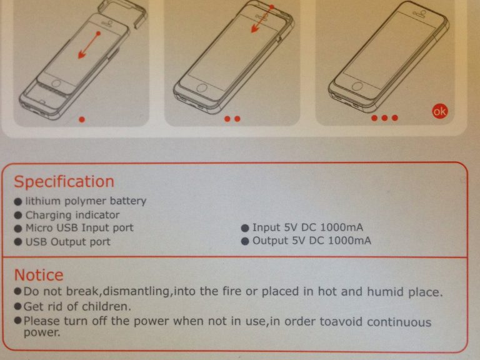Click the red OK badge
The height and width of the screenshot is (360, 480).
(x=439, y=111)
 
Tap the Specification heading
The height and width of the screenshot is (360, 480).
(x=64, y=182)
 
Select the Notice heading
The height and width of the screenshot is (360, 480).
(x=39, y=275)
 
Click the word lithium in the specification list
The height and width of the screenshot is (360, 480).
(x=43, y=201)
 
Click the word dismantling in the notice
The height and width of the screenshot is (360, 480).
(x=136, y=291)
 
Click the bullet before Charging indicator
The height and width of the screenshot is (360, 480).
(x=18, y=216)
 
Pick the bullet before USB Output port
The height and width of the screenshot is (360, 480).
(x=18, y=242)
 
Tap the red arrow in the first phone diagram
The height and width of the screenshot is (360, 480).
(x=89, y=45)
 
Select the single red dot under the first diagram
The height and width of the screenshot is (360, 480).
(x=82, y=119)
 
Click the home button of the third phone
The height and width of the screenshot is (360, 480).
(x=357, y=86)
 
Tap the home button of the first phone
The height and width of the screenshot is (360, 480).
(x=56, y=83)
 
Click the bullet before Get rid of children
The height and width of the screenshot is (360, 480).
(x=17, y=306)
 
